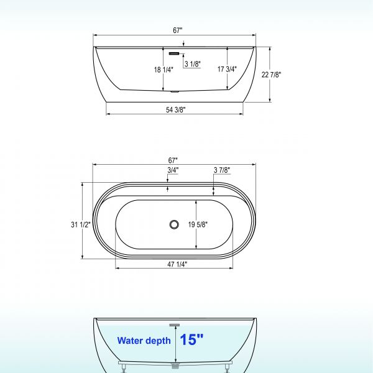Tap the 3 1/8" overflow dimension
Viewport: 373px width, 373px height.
pyautogui.click(x=192, y=63)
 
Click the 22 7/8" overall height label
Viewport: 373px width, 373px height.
pyautogui.click(x=272, y=75)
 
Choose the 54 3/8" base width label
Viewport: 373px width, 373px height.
pyautogui.click(x=176, y=110)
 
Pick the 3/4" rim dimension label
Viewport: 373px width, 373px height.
pyautogui.click(x=173, y=170)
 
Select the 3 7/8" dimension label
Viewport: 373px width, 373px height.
pyautogui.click(x=222, y=170)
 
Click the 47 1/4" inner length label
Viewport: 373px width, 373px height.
pyautogui.click(x=177, y=264)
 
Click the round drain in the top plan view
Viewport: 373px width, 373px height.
pyautogui.click(x=175, y=224)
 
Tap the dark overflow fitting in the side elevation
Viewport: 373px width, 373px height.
pyautogui.click(x=175, y=53)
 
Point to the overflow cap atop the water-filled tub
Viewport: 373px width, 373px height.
pyautogui.click(x=175, y=324)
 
